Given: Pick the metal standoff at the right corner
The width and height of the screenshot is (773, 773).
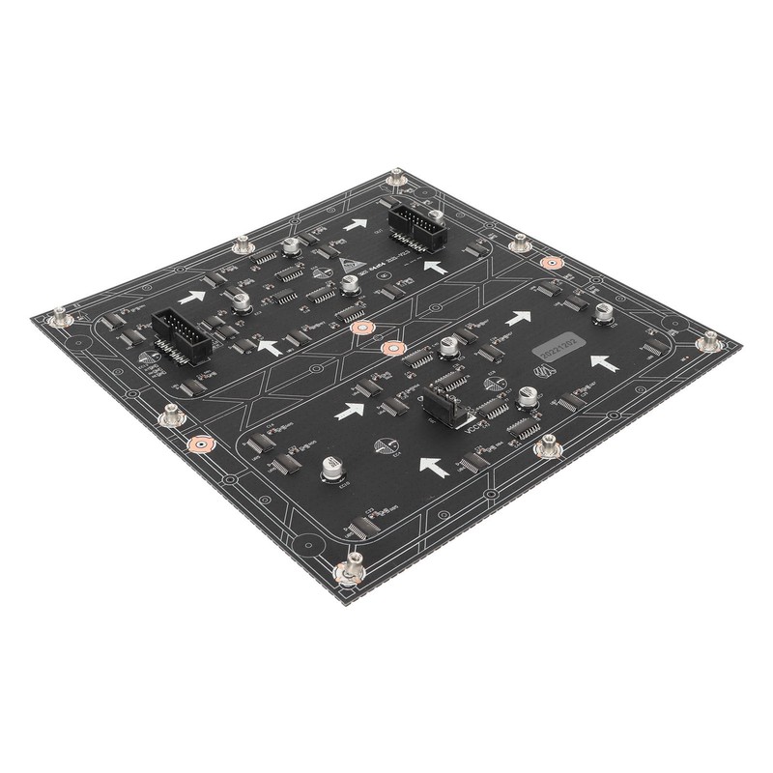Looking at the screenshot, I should point(708,340).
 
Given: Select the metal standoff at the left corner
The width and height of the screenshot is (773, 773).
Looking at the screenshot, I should point(62,315).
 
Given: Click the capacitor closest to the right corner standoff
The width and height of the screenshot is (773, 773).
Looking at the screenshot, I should point(603,313).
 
